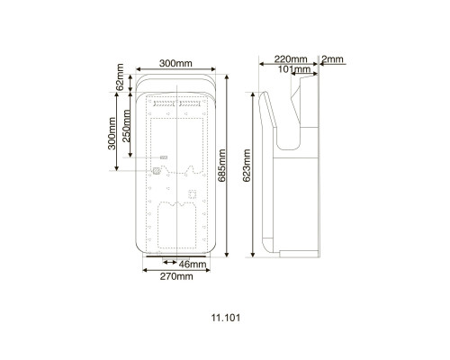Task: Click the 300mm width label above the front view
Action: coord(175,63)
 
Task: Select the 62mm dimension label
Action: coord(120,76)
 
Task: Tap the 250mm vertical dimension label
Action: coord(127,126)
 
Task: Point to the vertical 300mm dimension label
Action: coord(112,133)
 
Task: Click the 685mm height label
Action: coord(221,166)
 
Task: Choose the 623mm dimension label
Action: coord(247,166)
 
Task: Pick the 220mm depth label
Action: coord(291,59)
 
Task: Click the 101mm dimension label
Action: coord(294,69)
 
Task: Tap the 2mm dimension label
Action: coord(332,59)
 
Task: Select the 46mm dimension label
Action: coord(193,265)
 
